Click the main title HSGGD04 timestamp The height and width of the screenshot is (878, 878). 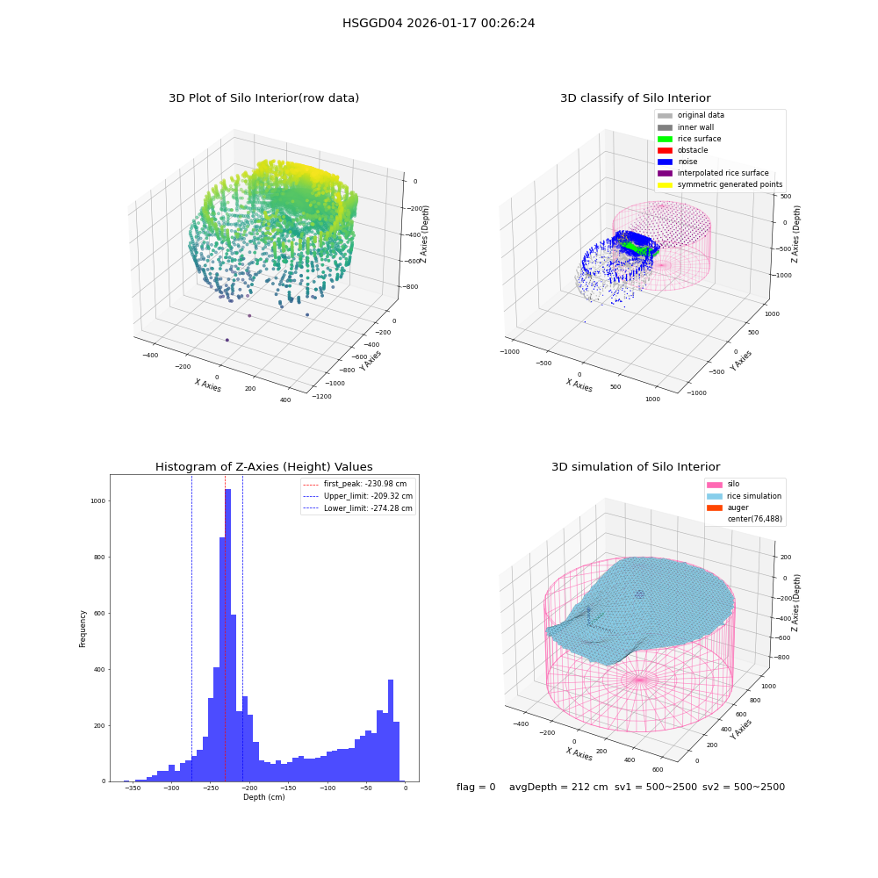[438, 23]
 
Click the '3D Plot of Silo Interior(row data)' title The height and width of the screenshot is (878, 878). [263, 98]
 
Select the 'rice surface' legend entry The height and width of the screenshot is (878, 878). [689, 139]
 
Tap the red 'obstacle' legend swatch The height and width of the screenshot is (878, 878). [665, 150]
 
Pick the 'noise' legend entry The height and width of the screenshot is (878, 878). [678, 162]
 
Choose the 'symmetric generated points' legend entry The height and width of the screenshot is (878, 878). [720, 184]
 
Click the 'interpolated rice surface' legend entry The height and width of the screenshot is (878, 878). [713, 173]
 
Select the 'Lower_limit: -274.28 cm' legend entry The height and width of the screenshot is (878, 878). [358, 508]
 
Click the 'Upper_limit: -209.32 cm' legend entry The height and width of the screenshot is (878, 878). [358, 496]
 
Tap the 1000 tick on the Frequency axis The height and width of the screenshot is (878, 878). [97, 501]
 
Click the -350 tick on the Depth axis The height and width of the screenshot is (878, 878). [133, 788]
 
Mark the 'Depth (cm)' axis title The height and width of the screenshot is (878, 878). [264, 797]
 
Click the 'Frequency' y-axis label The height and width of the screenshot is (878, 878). [83, 629]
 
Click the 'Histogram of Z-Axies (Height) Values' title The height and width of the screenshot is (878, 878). [263, 467]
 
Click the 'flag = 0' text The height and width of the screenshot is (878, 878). [476, 788]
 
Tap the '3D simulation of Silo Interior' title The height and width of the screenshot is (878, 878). [636, 467]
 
